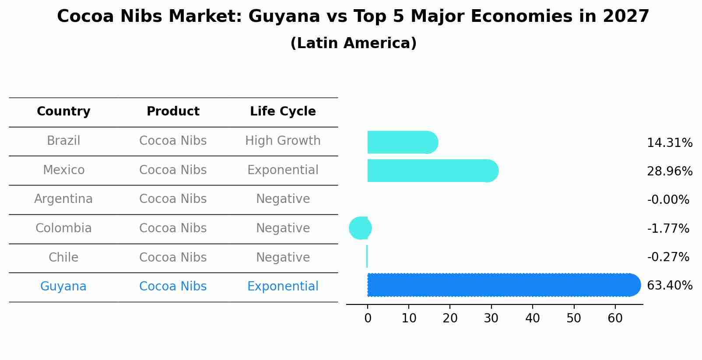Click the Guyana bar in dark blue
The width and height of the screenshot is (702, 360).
tap(503, 285)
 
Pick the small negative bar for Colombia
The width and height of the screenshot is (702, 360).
tap(360, 228)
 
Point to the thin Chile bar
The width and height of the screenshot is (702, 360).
tap(367, 256)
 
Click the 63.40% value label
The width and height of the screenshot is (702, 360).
tap(669, 286)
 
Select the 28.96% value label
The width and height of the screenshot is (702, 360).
tap(669, 171)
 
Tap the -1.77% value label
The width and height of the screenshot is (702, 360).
tap(668, 228)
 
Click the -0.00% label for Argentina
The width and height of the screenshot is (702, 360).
tap(668, 200)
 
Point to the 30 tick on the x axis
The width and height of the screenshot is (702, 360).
tap(491, 318)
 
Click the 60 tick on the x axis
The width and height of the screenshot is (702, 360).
tap(615, 318)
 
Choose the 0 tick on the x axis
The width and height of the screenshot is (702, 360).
tap(368, 318)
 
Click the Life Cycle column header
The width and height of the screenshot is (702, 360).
tap(283, 112)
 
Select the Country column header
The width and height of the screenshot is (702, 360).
tap(63, 112)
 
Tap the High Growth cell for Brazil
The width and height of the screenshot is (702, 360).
tap(283, 141)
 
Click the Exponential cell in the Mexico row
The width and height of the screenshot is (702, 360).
tap(283, 170)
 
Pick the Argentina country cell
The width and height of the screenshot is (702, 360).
tap(63, 199)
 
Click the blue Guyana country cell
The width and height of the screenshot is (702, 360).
tap(63, 287)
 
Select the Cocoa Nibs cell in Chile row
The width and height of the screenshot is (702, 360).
tap(173, 257)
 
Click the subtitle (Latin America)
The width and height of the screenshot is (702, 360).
tap(353, 43)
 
